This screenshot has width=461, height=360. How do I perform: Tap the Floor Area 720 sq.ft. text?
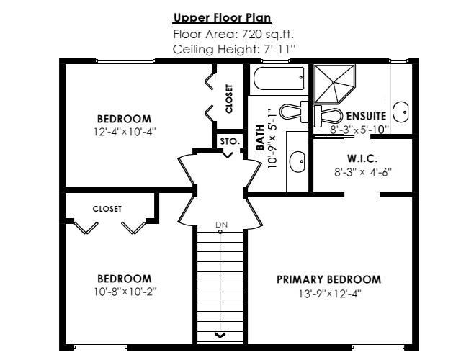pos(233,34)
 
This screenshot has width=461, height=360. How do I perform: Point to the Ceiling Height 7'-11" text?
pos(233,49)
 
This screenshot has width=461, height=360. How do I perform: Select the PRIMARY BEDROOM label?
pos(328,279)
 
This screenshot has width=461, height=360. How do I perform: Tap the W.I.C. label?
pos(362,158)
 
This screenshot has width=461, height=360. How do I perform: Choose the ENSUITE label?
pos(366,116)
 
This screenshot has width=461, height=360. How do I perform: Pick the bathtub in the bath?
pos(279,78)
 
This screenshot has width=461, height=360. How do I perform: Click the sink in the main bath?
pos(297,162)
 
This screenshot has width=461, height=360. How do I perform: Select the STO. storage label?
pos(229,142)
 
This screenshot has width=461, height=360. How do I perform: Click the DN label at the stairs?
pos(222,225)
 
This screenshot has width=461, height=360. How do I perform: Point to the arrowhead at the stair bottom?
pos(220,334)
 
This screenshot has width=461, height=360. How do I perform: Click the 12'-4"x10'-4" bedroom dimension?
pos(125,132)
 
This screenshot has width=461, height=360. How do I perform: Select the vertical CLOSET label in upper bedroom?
pos(229,99)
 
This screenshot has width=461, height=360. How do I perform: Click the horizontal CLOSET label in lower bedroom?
pos(107,209)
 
